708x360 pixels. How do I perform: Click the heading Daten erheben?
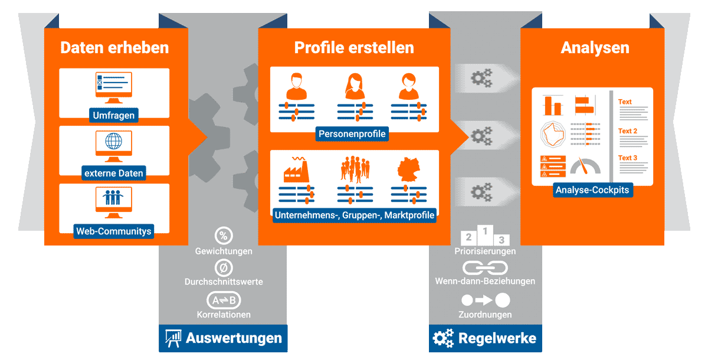pos(114,47)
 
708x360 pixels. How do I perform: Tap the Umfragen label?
pos(114,115)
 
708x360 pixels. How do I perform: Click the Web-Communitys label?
pos(114,231)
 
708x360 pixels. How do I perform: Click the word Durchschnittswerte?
pos(224,282)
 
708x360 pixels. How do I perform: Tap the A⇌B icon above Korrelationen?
pos(224,300)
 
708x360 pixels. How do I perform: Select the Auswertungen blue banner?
pos(223,338)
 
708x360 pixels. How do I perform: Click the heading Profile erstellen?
pos(354,47)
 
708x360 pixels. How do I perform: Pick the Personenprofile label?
pos(352,134)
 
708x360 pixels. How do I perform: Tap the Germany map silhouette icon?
pos(408,170)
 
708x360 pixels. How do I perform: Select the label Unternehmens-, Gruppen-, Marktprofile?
pos(355,215)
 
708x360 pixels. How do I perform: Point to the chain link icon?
pos(485,267)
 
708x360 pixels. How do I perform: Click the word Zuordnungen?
pos(485,315)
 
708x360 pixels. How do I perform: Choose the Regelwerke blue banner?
pos(485,338)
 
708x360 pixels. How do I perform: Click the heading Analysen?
pos(595,47)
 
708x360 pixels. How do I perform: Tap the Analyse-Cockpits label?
pos(594,190)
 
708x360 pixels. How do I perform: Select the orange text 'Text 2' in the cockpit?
pos(628,131)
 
